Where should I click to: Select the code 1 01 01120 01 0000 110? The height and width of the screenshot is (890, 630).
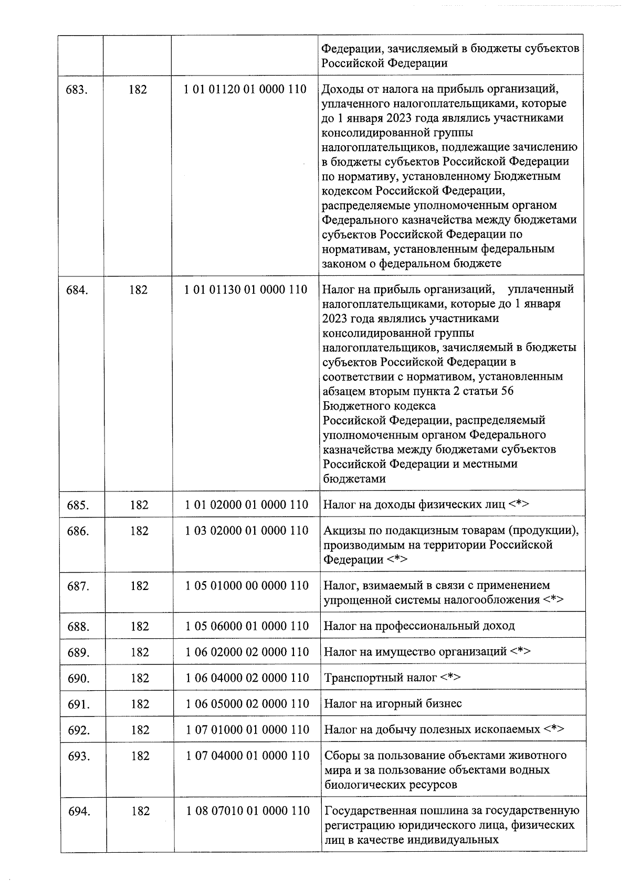tap(245, 89)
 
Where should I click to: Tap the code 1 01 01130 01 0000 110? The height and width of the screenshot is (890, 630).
tap(246, 289)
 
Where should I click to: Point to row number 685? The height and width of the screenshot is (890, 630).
tap(78, 505)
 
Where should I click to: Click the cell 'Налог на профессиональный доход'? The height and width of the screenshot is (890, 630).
tap(419, 626)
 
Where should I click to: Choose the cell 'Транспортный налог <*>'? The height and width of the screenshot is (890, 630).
tap(392, 678)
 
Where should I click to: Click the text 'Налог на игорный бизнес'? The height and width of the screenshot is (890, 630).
tap(393, 704)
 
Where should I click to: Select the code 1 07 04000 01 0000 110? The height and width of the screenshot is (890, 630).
tap(247, 756)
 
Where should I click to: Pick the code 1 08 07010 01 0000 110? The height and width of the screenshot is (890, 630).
tap(248, 811)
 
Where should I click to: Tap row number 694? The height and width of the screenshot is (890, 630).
tap(79, 811)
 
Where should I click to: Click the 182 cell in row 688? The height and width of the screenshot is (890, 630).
tap(140, 626)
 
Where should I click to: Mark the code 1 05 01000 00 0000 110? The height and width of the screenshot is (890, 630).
tap(247, 585)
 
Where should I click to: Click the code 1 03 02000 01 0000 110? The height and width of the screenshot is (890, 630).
tap(247, 531)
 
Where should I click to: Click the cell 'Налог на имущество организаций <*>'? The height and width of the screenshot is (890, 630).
tap(427, 652)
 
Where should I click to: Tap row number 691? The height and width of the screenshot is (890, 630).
tap(79, 704)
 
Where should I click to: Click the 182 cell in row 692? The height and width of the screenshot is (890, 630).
tap(140, 730)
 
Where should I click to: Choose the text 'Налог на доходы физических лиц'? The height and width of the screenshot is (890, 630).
tap(414, 505)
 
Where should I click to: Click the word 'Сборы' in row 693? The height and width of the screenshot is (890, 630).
tap(340, 756)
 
